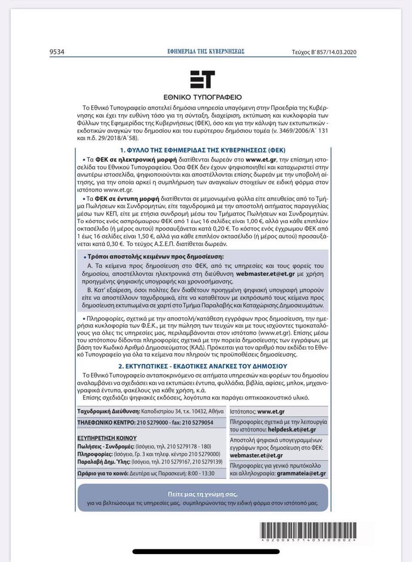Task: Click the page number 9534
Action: click(57, 52)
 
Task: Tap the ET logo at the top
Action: click(203, 80)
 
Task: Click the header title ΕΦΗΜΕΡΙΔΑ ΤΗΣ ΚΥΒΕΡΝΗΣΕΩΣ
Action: click(206, 51)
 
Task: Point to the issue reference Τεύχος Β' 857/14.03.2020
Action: click(324, 52)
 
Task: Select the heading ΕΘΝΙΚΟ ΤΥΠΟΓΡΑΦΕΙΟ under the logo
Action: click(203, 97)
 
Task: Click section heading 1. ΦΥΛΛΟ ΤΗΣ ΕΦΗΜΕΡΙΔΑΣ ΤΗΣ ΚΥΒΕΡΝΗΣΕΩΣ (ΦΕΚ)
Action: click(203, 150)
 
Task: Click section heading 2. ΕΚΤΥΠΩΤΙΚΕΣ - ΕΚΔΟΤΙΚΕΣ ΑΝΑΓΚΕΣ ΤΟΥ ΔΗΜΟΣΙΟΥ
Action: click(203, 366)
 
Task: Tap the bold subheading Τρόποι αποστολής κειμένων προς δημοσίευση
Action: click(155, 257)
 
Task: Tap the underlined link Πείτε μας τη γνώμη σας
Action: click(203, 494)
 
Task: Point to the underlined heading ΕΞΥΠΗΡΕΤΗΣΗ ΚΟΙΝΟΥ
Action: click(107, 438)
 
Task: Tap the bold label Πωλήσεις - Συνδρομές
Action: click(106, 447)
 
